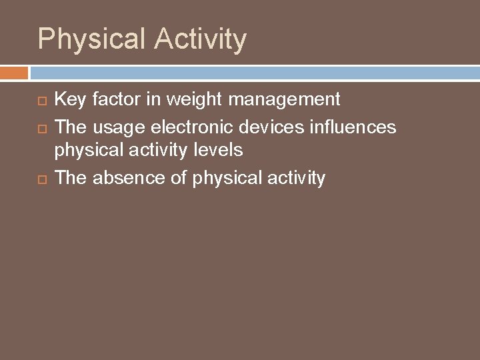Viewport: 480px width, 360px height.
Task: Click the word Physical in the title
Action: (x=93, y=40)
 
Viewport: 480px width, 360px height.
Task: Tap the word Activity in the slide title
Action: (x=201, y=40)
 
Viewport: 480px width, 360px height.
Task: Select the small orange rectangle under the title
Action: (x=14, y=73)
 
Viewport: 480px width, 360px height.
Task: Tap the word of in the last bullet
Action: (x=179, y=177)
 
